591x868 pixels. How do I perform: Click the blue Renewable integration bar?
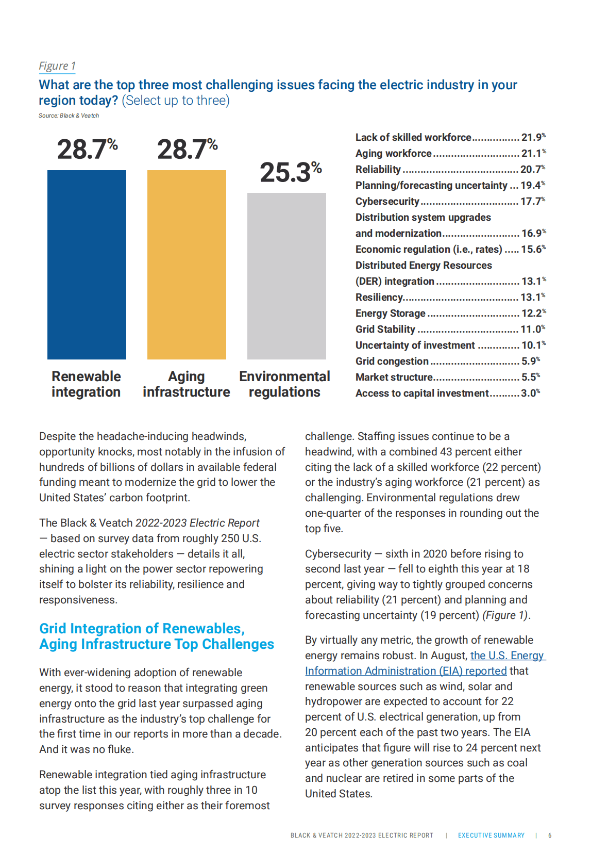click(87, 265)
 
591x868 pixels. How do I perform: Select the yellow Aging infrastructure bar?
click(187, 265)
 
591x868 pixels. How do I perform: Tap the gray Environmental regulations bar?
click(286, 276)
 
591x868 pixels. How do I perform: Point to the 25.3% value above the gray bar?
click(291, 172)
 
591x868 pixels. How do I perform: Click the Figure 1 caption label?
click(57, 66)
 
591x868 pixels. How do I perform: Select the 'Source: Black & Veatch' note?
click(69, 116)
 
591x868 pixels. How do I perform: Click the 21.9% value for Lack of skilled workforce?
click(533, 137)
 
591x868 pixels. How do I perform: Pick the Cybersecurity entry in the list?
click(387, 201)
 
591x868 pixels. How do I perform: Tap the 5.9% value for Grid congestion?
click(531, 361)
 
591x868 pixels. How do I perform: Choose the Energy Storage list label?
click(391, 313)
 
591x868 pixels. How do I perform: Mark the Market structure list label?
click(394, 377)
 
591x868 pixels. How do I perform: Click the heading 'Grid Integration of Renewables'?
click(142, 629)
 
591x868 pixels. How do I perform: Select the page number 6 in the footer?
click(550, 836)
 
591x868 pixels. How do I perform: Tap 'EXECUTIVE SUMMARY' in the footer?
click(491, 836)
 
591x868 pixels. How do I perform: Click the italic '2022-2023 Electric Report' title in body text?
click(197, 523)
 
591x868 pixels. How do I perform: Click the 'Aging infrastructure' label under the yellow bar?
click(187, 384)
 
